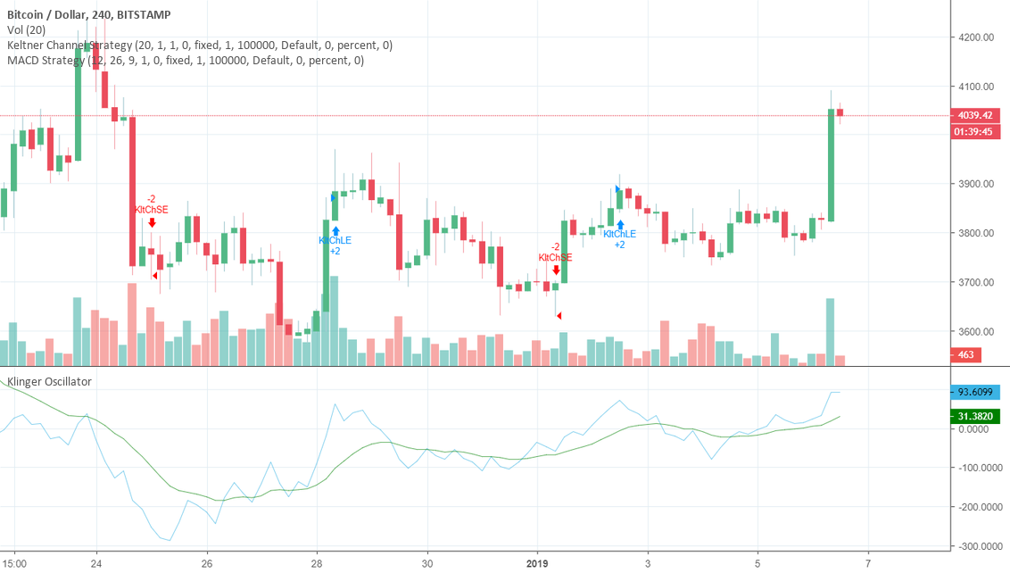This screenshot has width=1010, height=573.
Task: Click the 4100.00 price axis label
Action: coord(975,87)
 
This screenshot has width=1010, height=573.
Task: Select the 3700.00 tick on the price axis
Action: coord(975,282)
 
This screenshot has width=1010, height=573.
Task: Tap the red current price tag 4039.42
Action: coord(976,115)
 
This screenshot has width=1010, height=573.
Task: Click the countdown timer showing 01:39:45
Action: coord(976,132)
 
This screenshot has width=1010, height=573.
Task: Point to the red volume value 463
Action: coord(966,355)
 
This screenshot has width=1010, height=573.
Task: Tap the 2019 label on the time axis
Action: coord(537,564)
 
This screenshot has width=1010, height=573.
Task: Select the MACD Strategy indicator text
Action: coord(185,61)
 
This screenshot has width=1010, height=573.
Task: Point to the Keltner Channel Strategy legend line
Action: coord(199,46)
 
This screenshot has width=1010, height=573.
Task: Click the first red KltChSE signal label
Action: coord(151,210)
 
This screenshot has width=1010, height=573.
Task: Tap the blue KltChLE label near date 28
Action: coord(335,240)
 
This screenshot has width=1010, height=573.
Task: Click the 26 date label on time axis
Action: coord(207,564)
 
